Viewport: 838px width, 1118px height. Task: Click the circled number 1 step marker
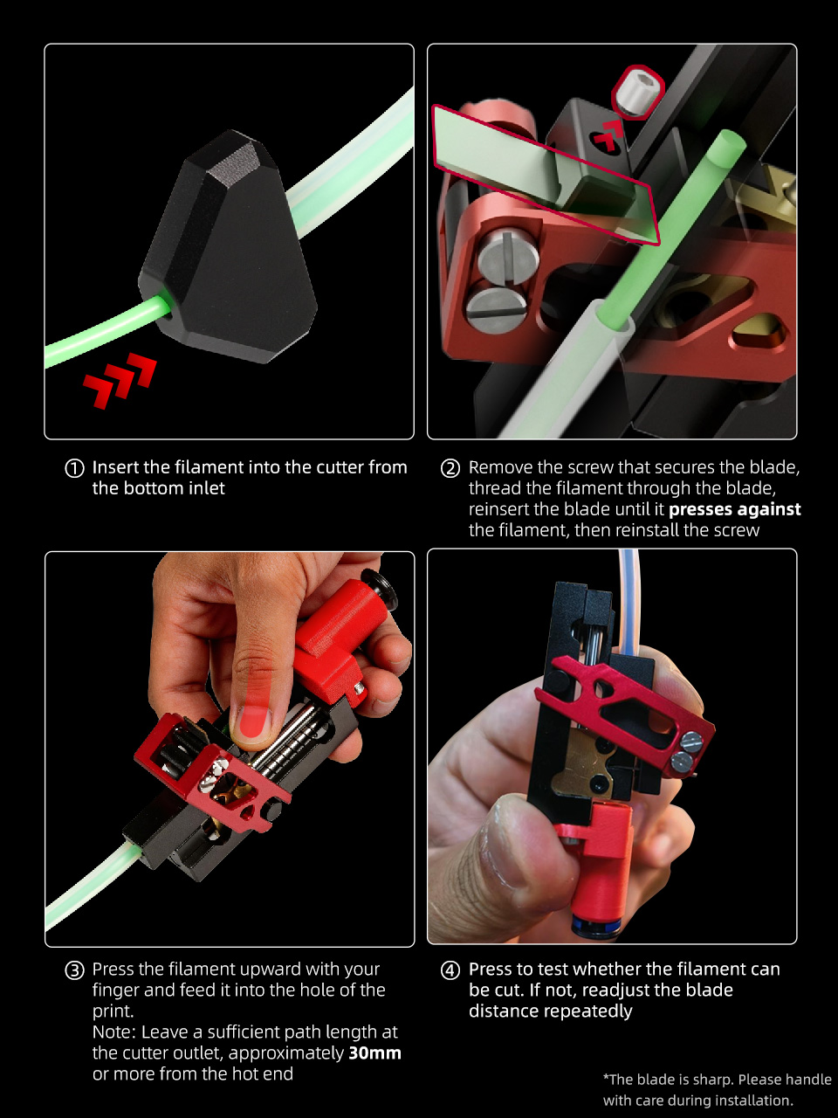74,467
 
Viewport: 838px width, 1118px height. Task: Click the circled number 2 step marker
450,467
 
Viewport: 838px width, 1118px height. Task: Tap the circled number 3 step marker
74,970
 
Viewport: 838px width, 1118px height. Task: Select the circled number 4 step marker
450,970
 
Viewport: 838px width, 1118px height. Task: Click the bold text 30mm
375,1052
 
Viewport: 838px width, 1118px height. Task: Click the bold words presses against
735,509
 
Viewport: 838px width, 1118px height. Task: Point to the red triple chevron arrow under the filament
120,380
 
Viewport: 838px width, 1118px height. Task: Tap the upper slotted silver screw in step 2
508,253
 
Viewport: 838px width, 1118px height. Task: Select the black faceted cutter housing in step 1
229,247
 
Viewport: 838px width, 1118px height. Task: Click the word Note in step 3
113,1032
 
